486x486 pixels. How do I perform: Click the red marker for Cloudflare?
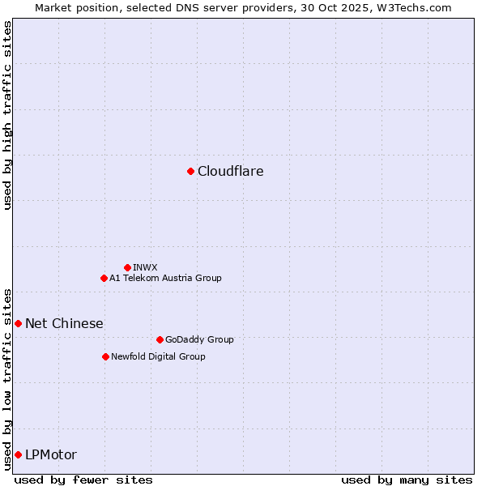coord(190,171)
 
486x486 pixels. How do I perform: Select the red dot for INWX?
coord(127,267)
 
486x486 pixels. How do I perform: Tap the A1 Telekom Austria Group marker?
coord(104,278)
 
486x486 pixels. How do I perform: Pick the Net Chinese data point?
coord(18,323)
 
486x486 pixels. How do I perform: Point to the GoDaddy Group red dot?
coord(160,339)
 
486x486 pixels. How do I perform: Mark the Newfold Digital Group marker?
coord(105,356)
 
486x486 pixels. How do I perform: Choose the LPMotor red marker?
coord(18,454)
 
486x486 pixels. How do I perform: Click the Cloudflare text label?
coord(231,171)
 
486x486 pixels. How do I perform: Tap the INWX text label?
coord(145,267)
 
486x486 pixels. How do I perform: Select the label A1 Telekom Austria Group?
coord(165,278)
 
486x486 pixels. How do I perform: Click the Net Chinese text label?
coord(64,323)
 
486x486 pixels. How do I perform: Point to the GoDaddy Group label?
coord(199,339)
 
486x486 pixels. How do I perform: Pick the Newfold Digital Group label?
coord(158,356)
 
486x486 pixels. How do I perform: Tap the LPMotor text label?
coord(51,454)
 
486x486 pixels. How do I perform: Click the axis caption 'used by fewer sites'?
coord(83,480)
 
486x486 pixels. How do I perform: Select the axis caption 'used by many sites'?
coord(407,480)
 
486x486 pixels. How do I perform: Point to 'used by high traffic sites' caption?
coord(7,115)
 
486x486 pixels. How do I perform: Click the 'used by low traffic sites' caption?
coord(7,378)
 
